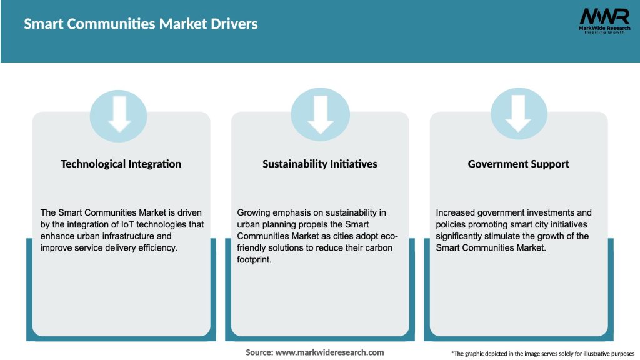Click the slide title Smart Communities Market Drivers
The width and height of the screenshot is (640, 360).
pos(141,24)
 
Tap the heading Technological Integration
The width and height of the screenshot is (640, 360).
pos(121,164)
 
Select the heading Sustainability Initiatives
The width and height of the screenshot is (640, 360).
pos(320,164)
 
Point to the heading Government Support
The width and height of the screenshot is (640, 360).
pos(519,164)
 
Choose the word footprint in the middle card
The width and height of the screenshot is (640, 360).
pos(254,261)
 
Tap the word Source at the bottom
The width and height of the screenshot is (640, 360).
pos(259,352)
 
